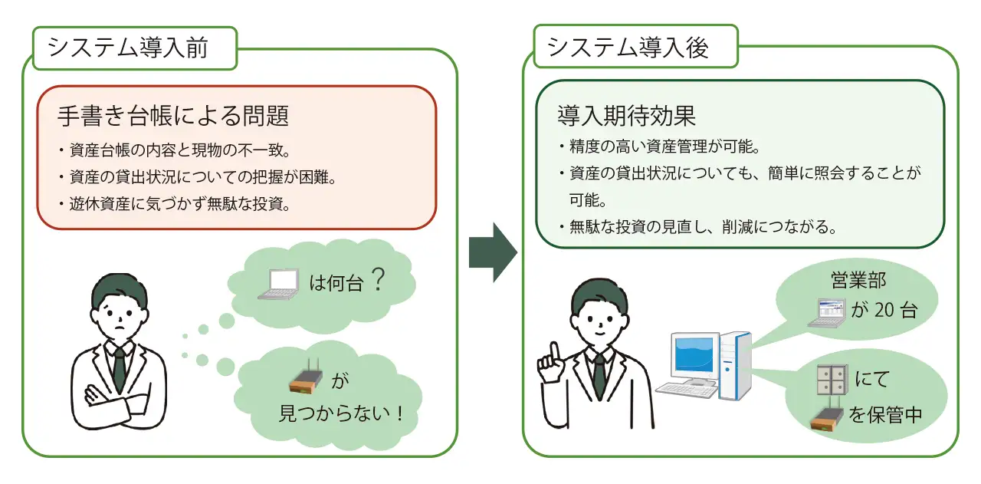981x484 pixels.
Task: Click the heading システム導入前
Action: pyautogui.click(x=128, y=48)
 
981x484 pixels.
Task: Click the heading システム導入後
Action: pyautogui.click(x=628, y=48)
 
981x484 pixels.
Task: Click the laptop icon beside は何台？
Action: pyautogui.click(x=277, y=285)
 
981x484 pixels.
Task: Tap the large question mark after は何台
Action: pyautogui.click(x=376, y=281)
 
